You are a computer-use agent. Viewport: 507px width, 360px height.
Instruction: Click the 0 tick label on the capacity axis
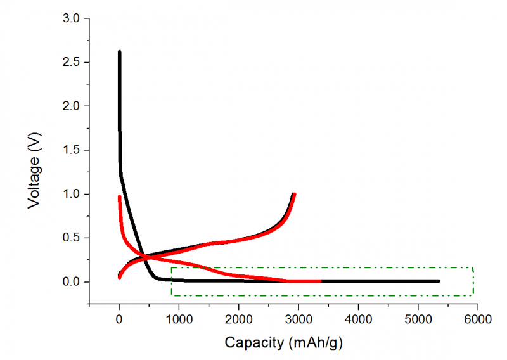pos(119,318)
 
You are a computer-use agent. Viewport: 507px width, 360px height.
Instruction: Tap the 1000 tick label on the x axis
pos(179,318)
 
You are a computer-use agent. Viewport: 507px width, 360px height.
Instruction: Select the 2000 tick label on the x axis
pos(238,318)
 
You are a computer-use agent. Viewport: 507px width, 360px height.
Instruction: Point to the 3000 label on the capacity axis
pos(298,318)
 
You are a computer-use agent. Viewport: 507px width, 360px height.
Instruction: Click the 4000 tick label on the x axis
pos(358,318)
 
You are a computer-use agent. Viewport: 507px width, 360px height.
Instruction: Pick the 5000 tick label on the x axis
pos(418,318)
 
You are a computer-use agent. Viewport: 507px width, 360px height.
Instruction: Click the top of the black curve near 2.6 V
pos(119,52)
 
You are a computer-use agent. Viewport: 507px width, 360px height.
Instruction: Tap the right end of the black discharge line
pos(439,281)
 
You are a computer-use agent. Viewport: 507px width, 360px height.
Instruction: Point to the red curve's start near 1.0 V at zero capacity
pos(119,196)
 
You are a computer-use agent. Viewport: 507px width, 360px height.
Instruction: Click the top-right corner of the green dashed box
pos(473,267)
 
